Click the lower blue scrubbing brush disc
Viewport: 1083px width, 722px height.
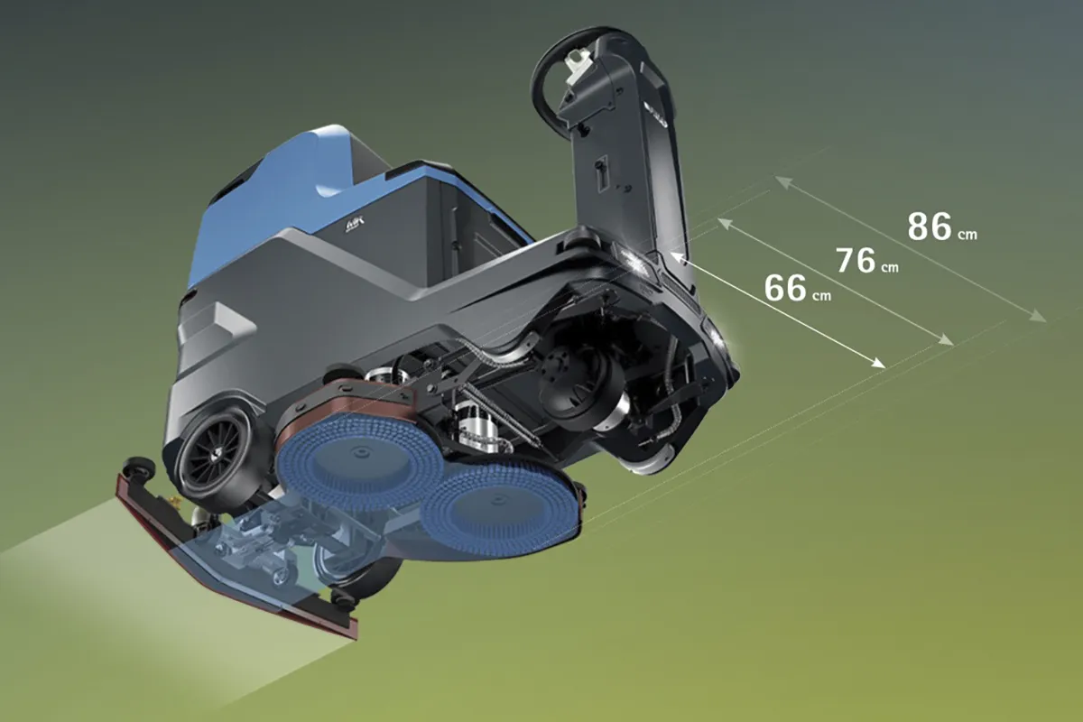coord(500,507)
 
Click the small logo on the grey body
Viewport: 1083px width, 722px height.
coord(354,225)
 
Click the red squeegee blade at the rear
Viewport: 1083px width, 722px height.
coord(232,561)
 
